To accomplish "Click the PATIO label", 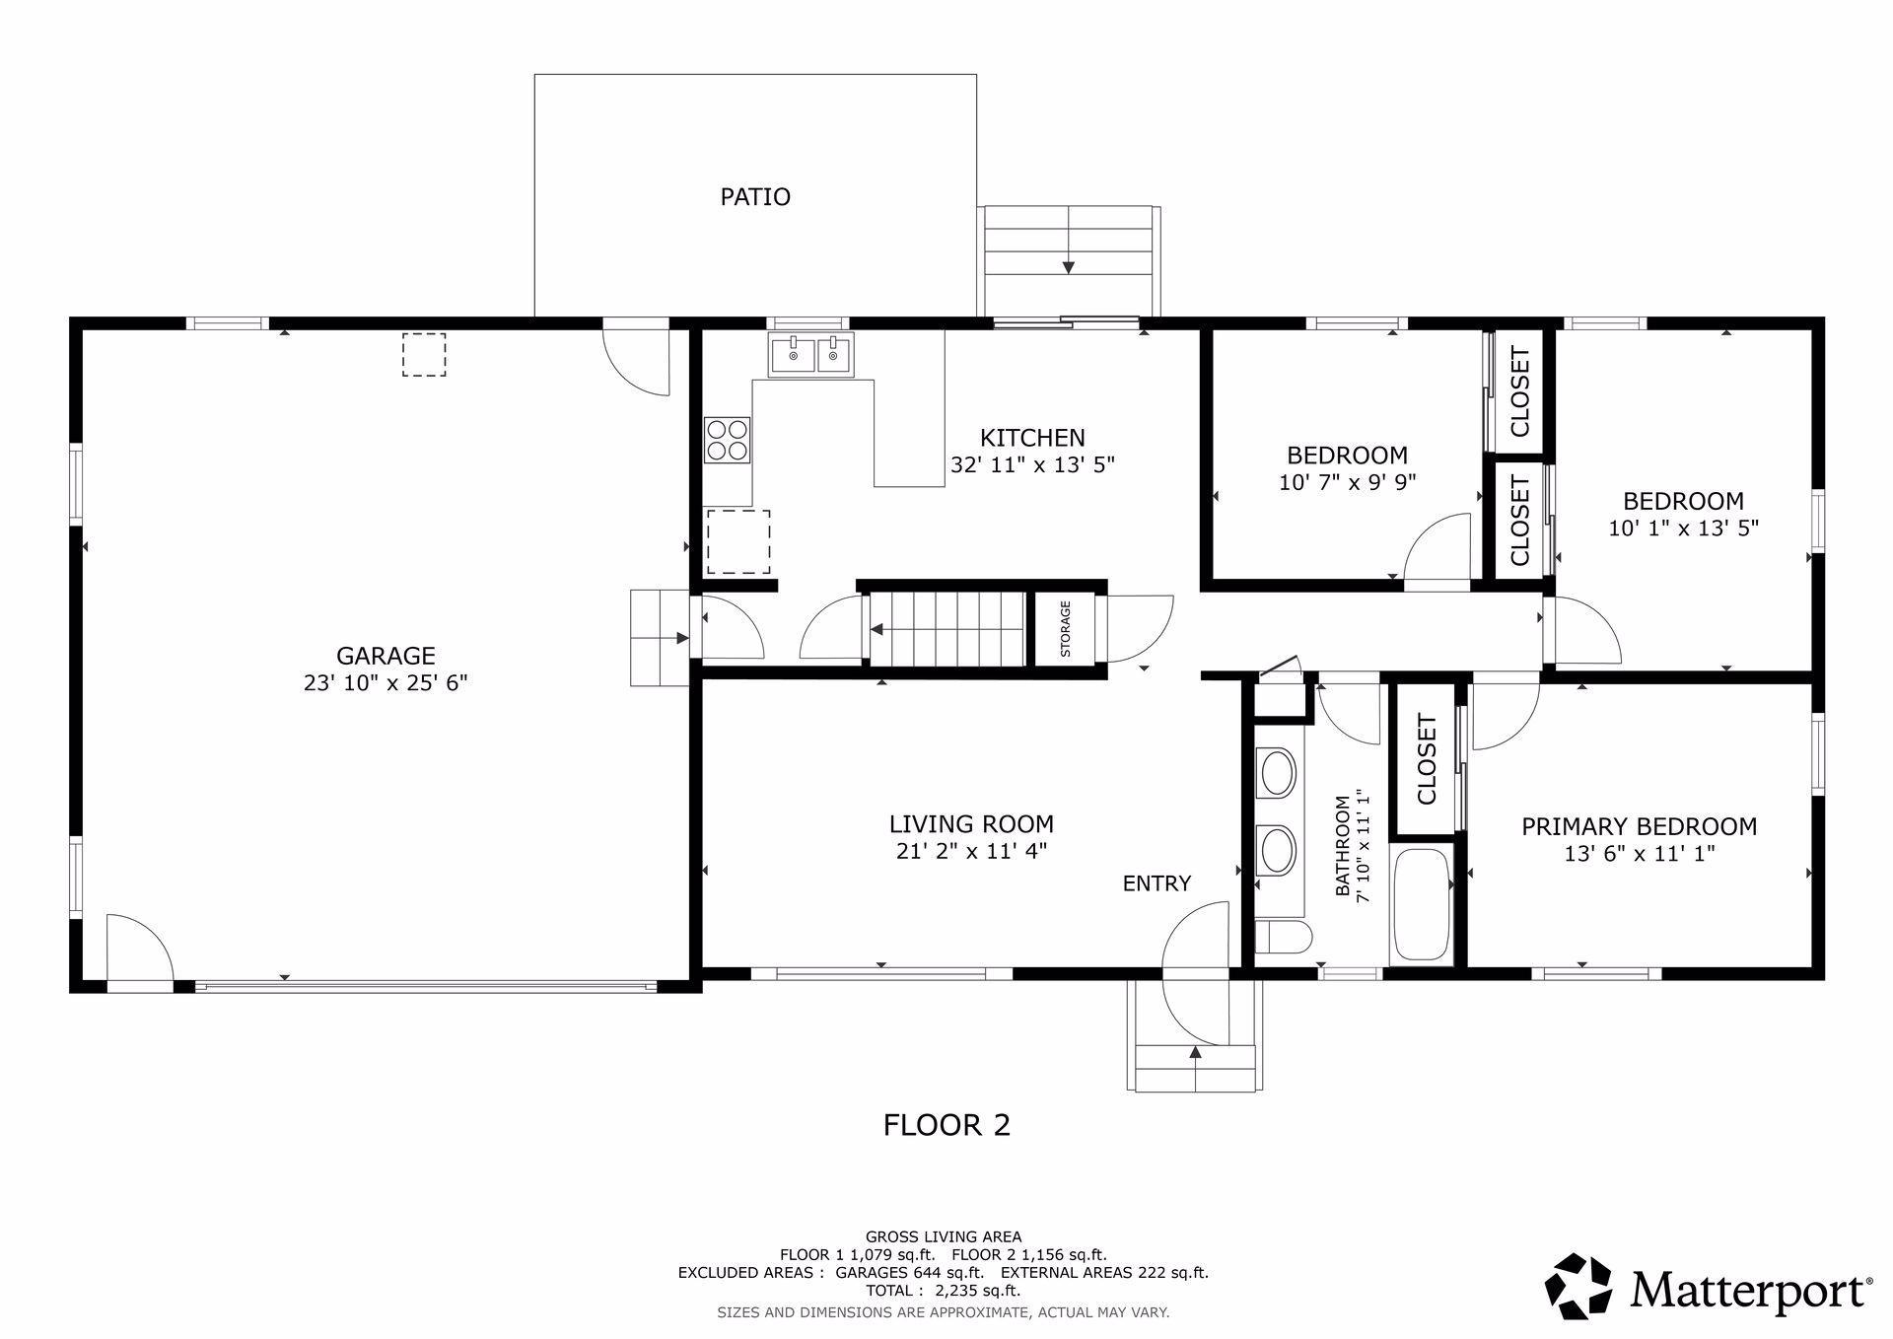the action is [755, 197].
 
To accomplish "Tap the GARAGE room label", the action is [386, 656].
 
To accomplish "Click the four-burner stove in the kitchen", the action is [728, 440].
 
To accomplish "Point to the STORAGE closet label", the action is [1065, 629].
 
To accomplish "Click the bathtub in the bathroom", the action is [1421, 905].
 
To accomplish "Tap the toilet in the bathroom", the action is [1283, 939].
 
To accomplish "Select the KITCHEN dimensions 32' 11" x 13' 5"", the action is [1032, 464].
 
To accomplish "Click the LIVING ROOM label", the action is [971, 824].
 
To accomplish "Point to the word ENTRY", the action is [1157, 883].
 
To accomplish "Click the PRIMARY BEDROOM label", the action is [1639, 826].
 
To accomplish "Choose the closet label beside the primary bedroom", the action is [1426, 759].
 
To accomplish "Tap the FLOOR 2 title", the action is [946, 1125].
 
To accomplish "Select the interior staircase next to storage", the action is [947, 628].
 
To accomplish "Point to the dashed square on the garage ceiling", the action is [424, 355].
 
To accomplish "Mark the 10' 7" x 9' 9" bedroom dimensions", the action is [1347, 482].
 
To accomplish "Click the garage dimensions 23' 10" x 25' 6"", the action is [386, 682].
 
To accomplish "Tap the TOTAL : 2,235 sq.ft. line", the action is [943, 1290].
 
